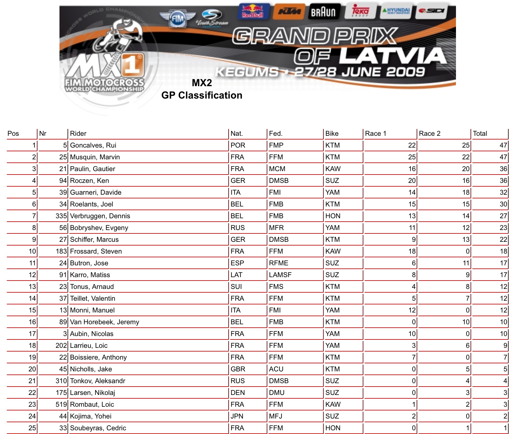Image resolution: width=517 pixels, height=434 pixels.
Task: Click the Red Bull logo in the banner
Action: [x=253, y=11]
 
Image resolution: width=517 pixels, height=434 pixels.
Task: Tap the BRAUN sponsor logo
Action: [x=323, y=12]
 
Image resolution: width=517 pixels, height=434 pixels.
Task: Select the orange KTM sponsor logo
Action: [x=289, y=12]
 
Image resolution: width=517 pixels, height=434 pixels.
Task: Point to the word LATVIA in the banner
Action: [x=393, y=57]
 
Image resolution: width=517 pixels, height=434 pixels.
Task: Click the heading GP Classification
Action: [x=202, y=95]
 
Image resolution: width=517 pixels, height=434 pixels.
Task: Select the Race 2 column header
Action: [x=429, y=134]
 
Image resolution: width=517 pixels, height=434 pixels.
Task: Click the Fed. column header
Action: [x=275, y=134]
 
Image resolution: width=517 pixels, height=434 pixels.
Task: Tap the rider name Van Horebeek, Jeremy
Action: [x=104, y=322]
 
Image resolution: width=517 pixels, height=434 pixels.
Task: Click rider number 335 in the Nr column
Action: [x=61, y=216]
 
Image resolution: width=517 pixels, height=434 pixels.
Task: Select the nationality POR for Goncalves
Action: [x=238, y=145]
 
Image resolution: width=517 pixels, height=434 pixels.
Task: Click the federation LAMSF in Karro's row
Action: [x=280, y=275]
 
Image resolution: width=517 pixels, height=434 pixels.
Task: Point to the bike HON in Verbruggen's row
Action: [x=333, y=216]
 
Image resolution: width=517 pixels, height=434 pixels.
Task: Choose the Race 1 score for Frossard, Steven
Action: [x=412, y=251]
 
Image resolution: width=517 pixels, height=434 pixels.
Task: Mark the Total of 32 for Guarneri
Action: [x=503, y=193]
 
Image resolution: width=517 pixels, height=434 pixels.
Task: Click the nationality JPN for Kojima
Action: [x=237, y=416]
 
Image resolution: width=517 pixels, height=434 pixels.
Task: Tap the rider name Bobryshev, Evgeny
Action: [x=99, y=228]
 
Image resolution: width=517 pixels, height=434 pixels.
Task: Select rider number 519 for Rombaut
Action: [x=61, y=405]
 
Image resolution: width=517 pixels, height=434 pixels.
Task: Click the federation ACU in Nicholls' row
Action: [x=276, y=369]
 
